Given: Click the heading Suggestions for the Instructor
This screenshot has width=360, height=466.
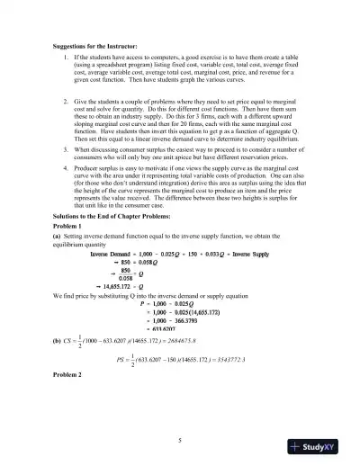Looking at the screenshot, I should pos(98,42).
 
